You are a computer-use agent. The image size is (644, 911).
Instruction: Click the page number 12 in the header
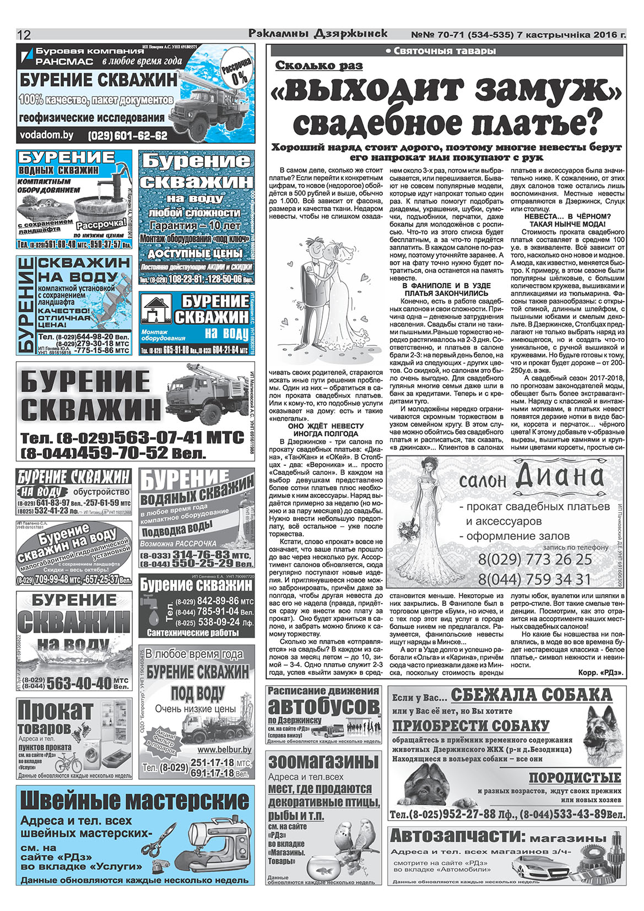(x=24, y=35)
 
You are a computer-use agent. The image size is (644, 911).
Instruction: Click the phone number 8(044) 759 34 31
(x=534, y=579)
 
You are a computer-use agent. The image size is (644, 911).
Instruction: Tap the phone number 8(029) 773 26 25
(x=534, y=560)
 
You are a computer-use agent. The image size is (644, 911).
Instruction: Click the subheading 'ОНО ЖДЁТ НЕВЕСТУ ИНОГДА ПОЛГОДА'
(x=326, y=430)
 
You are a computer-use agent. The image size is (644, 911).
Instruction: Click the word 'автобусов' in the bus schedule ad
(x=324, y=706)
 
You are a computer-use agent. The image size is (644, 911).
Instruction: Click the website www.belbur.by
(x=224, y=750)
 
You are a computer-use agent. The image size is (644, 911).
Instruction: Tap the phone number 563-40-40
(x=79, y=684)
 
